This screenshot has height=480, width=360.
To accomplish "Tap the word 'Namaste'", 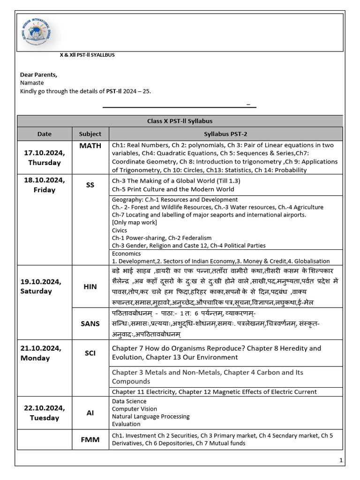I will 31,82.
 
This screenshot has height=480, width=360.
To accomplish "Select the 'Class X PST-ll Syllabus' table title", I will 180,121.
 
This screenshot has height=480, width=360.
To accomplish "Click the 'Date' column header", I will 45,134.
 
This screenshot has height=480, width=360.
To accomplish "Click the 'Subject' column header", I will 90,134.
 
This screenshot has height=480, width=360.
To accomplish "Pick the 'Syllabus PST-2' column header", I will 225,134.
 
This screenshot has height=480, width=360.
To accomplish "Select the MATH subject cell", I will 90,146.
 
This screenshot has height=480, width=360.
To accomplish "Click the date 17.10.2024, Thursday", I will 45,158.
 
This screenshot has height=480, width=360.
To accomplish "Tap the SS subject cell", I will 90,185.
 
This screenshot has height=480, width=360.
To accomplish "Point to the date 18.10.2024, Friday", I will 45,185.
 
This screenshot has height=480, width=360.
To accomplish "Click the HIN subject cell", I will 90,286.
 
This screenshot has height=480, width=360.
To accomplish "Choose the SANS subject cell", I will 90,323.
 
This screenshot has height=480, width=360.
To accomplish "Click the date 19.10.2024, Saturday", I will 43,286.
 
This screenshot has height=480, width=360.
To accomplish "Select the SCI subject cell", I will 90,353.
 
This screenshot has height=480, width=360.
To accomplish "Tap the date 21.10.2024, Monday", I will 42,353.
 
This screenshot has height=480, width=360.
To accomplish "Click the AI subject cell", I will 90,413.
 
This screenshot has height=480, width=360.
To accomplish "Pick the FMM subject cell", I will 90,440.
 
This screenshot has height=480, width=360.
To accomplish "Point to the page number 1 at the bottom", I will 341,461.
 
